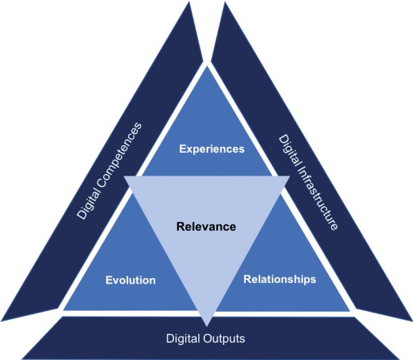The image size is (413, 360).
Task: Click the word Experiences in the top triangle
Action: pos(212,148)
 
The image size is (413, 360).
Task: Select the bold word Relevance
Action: pos(206,226)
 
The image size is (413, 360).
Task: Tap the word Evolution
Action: pos(131,280)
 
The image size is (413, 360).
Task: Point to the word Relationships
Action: pos(280,279)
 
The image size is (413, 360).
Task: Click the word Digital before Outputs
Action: pos(181,339)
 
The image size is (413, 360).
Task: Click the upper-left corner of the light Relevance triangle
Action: pos(125,176)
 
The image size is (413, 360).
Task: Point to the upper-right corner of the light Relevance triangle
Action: pos(288,176)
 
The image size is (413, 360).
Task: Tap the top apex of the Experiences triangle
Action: pos(206,66)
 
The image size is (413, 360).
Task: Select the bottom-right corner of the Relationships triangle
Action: pos(350,312)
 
